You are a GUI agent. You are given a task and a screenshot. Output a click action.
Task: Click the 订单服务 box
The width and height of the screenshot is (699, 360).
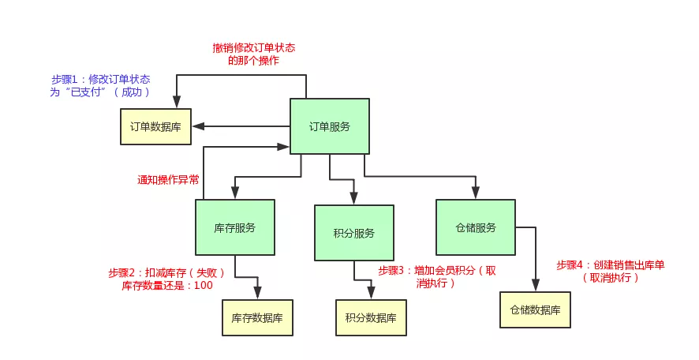(330, 126)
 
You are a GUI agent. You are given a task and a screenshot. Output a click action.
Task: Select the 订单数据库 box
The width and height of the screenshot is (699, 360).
(155, 126)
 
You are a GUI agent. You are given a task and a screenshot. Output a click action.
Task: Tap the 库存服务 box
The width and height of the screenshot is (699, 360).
(235, 227)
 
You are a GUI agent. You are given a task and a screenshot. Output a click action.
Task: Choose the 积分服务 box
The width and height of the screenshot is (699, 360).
(354, 233)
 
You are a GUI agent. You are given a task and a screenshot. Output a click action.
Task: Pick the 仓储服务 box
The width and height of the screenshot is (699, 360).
(476, 227)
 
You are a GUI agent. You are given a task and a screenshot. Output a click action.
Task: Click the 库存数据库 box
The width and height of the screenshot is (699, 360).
(257, 317)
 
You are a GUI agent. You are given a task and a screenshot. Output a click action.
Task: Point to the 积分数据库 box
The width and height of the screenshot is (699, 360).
(371, 317)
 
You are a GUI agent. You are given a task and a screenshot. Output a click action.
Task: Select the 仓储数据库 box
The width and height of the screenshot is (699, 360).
(535, 310)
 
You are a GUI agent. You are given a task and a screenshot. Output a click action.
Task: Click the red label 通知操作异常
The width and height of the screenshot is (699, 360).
(168, 180)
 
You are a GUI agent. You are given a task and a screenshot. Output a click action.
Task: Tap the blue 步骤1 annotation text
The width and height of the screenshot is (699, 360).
(100, 85)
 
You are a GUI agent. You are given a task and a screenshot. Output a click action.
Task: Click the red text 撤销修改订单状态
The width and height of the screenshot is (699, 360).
(254, 47)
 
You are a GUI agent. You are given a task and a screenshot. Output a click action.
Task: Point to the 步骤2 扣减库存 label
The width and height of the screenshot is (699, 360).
(166, 273)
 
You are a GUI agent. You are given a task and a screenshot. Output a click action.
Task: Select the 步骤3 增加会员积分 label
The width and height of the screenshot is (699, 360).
(437, 276)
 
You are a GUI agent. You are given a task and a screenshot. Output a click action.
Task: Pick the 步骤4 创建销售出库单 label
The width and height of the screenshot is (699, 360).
(611, 272)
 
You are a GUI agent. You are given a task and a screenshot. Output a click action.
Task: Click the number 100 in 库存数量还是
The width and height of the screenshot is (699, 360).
(204, 286)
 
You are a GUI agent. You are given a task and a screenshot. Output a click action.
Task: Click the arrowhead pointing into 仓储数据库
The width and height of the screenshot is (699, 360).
(536, 286)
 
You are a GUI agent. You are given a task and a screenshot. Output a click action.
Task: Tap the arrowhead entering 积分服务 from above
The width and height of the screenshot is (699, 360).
(354, 199)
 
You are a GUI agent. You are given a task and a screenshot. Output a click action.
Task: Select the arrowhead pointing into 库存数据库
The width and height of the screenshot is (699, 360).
(257, 293)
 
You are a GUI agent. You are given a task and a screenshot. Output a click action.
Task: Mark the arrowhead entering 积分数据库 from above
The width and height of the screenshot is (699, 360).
(371, 293)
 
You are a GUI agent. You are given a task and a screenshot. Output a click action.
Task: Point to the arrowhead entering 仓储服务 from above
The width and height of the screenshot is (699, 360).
(476, 193)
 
